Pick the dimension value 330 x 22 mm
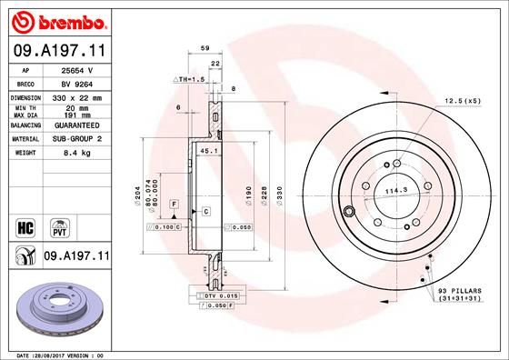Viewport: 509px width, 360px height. [x=77, y=96]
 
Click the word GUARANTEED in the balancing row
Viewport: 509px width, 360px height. [x=77, y=125]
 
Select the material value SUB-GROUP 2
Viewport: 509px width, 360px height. [x=77, y=139]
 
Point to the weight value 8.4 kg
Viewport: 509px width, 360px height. [x=77, y=154]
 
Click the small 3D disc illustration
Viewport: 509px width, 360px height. [x=57, y=308]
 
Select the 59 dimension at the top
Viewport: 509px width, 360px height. [x=205, y=47]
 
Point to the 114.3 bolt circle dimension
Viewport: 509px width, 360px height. [x=394, y=191]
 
